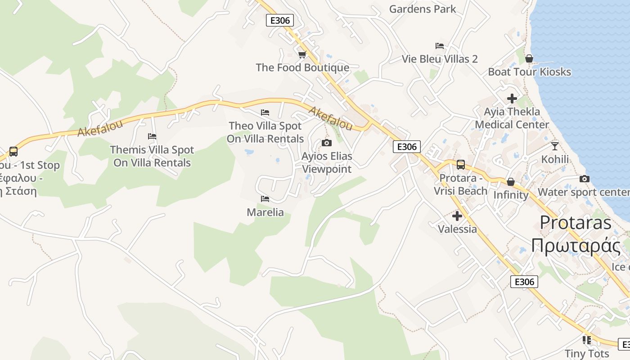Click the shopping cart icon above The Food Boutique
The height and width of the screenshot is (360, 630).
302,54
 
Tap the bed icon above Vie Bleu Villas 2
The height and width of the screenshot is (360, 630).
440,46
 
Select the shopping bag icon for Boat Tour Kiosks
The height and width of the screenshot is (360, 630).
529,58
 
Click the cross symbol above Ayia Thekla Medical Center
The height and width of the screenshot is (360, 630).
512,98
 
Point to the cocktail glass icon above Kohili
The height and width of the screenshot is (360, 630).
555,146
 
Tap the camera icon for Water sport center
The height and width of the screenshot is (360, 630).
585,179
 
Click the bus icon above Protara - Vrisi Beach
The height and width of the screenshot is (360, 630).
460,165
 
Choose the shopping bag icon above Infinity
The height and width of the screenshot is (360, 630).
511,182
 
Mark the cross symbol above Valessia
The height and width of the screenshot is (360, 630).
457,216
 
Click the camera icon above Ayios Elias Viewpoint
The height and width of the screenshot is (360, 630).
327,143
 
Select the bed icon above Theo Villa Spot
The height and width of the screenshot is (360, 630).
265,112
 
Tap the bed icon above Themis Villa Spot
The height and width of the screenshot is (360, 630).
152,136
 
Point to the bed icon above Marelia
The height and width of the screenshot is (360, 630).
265,198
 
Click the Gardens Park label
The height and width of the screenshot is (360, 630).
423,9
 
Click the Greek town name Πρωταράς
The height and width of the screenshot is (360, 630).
576,246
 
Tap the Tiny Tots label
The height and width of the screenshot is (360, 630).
587,353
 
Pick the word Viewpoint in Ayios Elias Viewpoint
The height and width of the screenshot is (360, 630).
327,169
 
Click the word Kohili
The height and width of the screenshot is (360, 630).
555,159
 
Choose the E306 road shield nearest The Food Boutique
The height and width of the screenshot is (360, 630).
280,20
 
